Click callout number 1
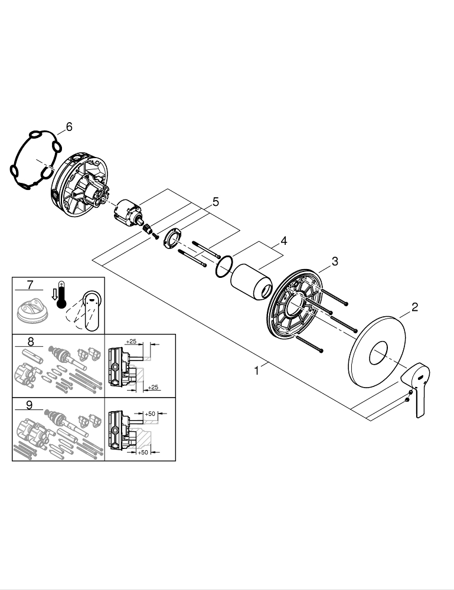click(x=256, y=371)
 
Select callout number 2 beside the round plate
click(x=414, y=306)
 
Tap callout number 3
click(x=334, y=261)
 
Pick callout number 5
click(x=215, y=202)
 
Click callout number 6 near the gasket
click(x=68, y=126)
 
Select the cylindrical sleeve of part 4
click(x=253, y=282)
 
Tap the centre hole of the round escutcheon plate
click(x=377, y=355)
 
